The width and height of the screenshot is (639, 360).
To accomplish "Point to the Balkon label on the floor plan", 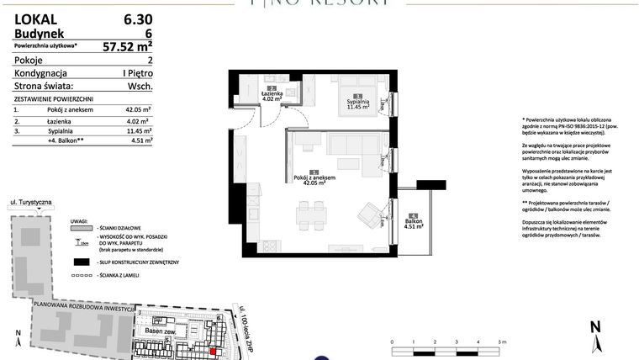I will point(412,222).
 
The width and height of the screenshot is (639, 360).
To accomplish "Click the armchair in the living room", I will point(370,214).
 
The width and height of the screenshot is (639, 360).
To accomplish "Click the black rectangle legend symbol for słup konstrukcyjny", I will point(81,263).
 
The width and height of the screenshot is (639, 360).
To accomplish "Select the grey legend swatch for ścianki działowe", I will point(80,227).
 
